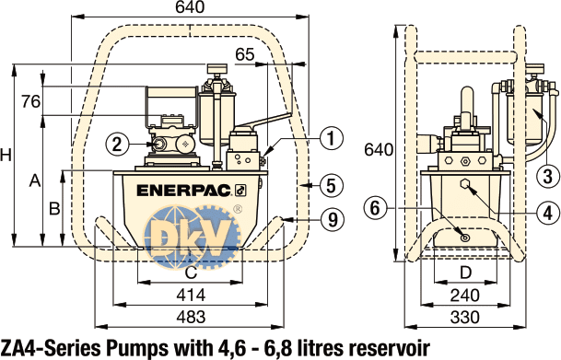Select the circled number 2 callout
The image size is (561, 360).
coord(116,144)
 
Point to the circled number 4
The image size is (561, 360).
coord(547,213)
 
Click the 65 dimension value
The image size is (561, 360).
coord(244,54)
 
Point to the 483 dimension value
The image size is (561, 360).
coord(190,316)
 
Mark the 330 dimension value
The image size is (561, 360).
coord(466,316)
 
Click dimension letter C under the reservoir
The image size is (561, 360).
coord(190,273)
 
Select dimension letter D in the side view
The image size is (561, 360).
coord(466,273)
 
